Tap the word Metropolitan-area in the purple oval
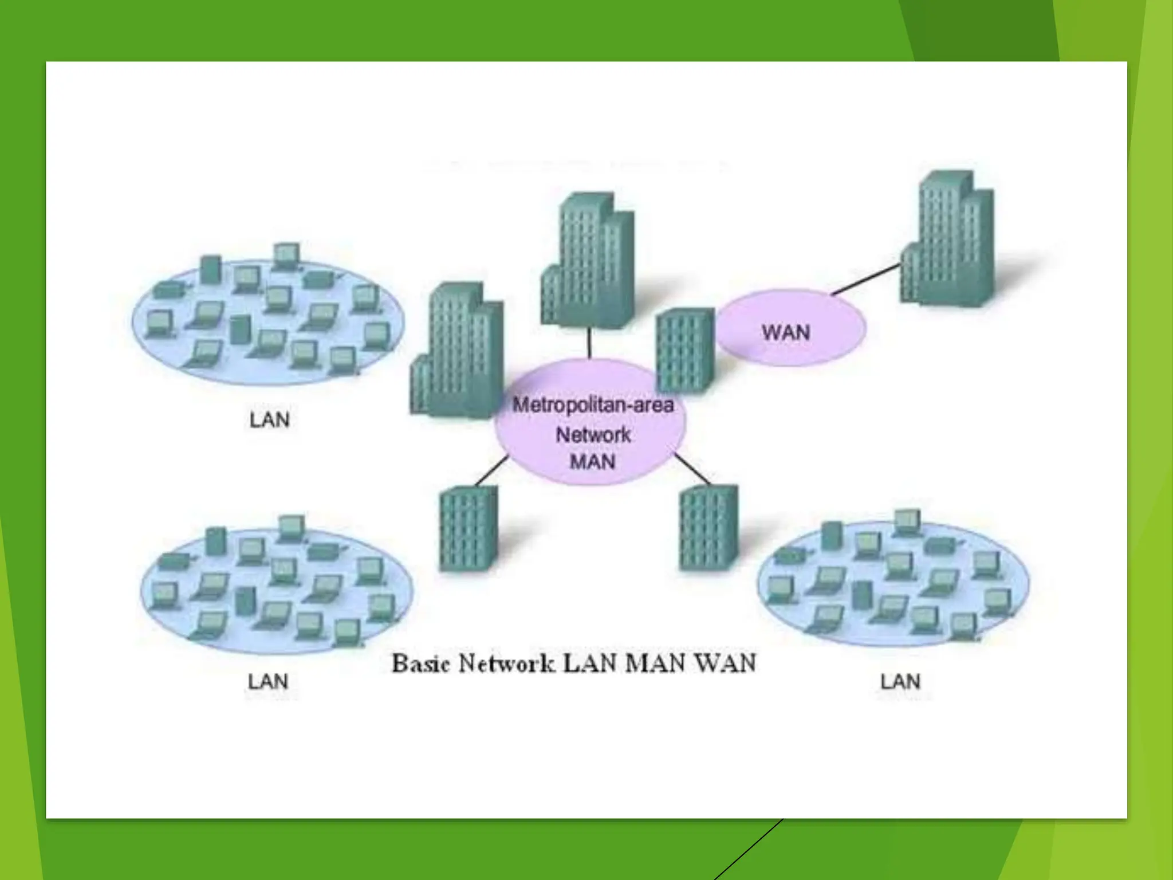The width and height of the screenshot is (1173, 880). [593, 405]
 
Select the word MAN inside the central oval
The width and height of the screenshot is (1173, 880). [593, 462]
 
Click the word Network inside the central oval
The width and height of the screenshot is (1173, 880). [593, 434]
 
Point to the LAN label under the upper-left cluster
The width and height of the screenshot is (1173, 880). [269, 420]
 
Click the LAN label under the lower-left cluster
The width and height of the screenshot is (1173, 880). [268, 682]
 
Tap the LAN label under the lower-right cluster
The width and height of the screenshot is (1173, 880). [900, 682]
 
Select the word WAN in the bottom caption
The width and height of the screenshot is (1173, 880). [725, 663]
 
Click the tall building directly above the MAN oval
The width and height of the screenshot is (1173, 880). [587, 261]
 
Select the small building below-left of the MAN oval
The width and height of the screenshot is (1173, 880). [467, 528]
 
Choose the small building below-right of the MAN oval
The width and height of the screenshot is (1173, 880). [708, 527]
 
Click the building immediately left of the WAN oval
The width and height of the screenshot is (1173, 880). [685, 349]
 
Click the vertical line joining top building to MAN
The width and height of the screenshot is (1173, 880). [589, 343]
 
